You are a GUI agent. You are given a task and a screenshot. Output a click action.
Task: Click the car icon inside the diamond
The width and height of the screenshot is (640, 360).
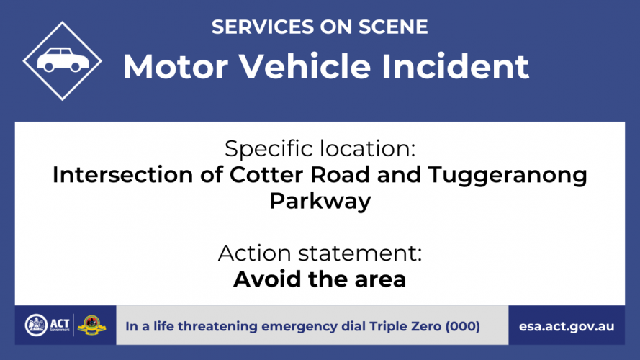pyautogui.click(x=63, y=60)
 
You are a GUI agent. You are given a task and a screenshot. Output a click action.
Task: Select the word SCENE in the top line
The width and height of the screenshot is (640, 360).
pyautogui.click(x=393, y=27)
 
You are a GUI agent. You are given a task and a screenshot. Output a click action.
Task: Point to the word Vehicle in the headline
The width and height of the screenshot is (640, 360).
pyautogui.click(x=305, y=66)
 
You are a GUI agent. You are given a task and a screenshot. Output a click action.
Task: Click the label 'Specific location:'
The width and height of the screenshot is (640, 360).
pyautogui.click(x=320, y=148)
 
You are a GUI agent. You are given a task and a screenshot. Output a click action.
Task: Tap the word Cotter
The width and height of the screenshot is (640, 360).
pyautogui.click(x=266, y=175)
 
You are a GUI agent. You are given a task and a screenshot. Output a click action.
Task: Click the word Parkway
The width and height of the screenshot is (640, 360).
pyautogui.click(x=320, y=202)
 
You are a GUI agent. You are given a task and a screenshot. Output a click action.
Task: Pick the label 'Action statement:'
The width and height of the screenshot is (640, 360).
pyautogui.click(x=320, y=253)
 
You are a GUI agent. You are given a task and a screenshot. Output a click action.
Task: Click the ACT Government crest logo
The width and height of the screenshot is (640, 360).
pyautogui.click(x=36, y=325)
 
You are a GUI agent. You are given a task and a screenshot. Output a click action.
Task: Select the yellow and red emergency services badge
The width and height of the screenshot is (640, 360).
pyautogui.click(x=92, y=325)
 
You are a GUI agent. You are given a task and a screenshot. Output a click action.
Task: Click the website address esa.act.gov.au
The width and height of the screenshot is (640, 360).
pyautogui.click(x=567, y=327)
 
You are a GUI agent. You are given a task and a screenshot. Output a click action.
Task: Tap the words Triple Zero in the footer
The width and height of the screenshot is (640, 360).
pyautogui.click(x=405, y=326)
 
